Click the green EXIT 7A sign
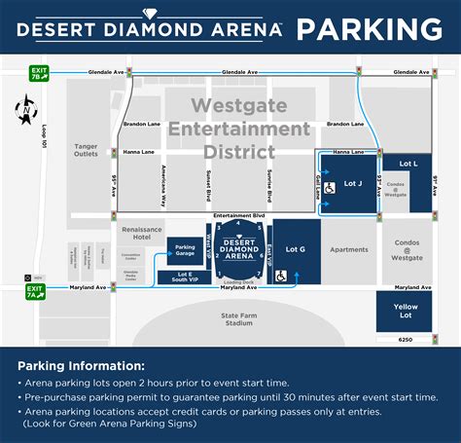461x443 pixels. (36, 290)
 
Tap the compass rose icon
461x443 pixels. (24, 112)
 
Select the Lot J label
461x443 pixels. (352, 182)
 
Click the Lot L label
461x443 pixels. (408, 164)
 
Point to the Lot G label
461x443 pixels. (296, 249)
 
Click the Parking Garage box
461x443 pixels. (185, 251)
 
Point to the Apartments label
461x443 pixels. (349, 249)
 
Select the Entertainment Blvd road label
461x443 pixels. (239, 215)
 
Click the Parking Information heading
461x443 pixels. (81, 366)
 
